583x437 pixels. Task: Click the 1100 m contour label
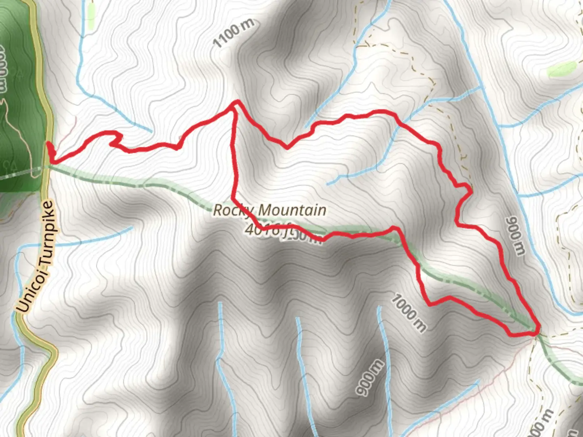[x=233, y=33]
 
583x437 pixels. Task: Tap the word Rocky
[x=233, y=210]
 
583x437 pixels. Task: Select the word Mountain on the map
[x=292, y=210]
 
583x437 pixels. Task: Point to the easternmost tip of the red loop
[x=539, y=329]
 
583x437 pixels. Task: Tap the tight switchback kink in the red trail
[x=115, y=142]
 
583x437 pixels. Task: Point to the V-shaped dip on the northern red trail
[x=287, y=147]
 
